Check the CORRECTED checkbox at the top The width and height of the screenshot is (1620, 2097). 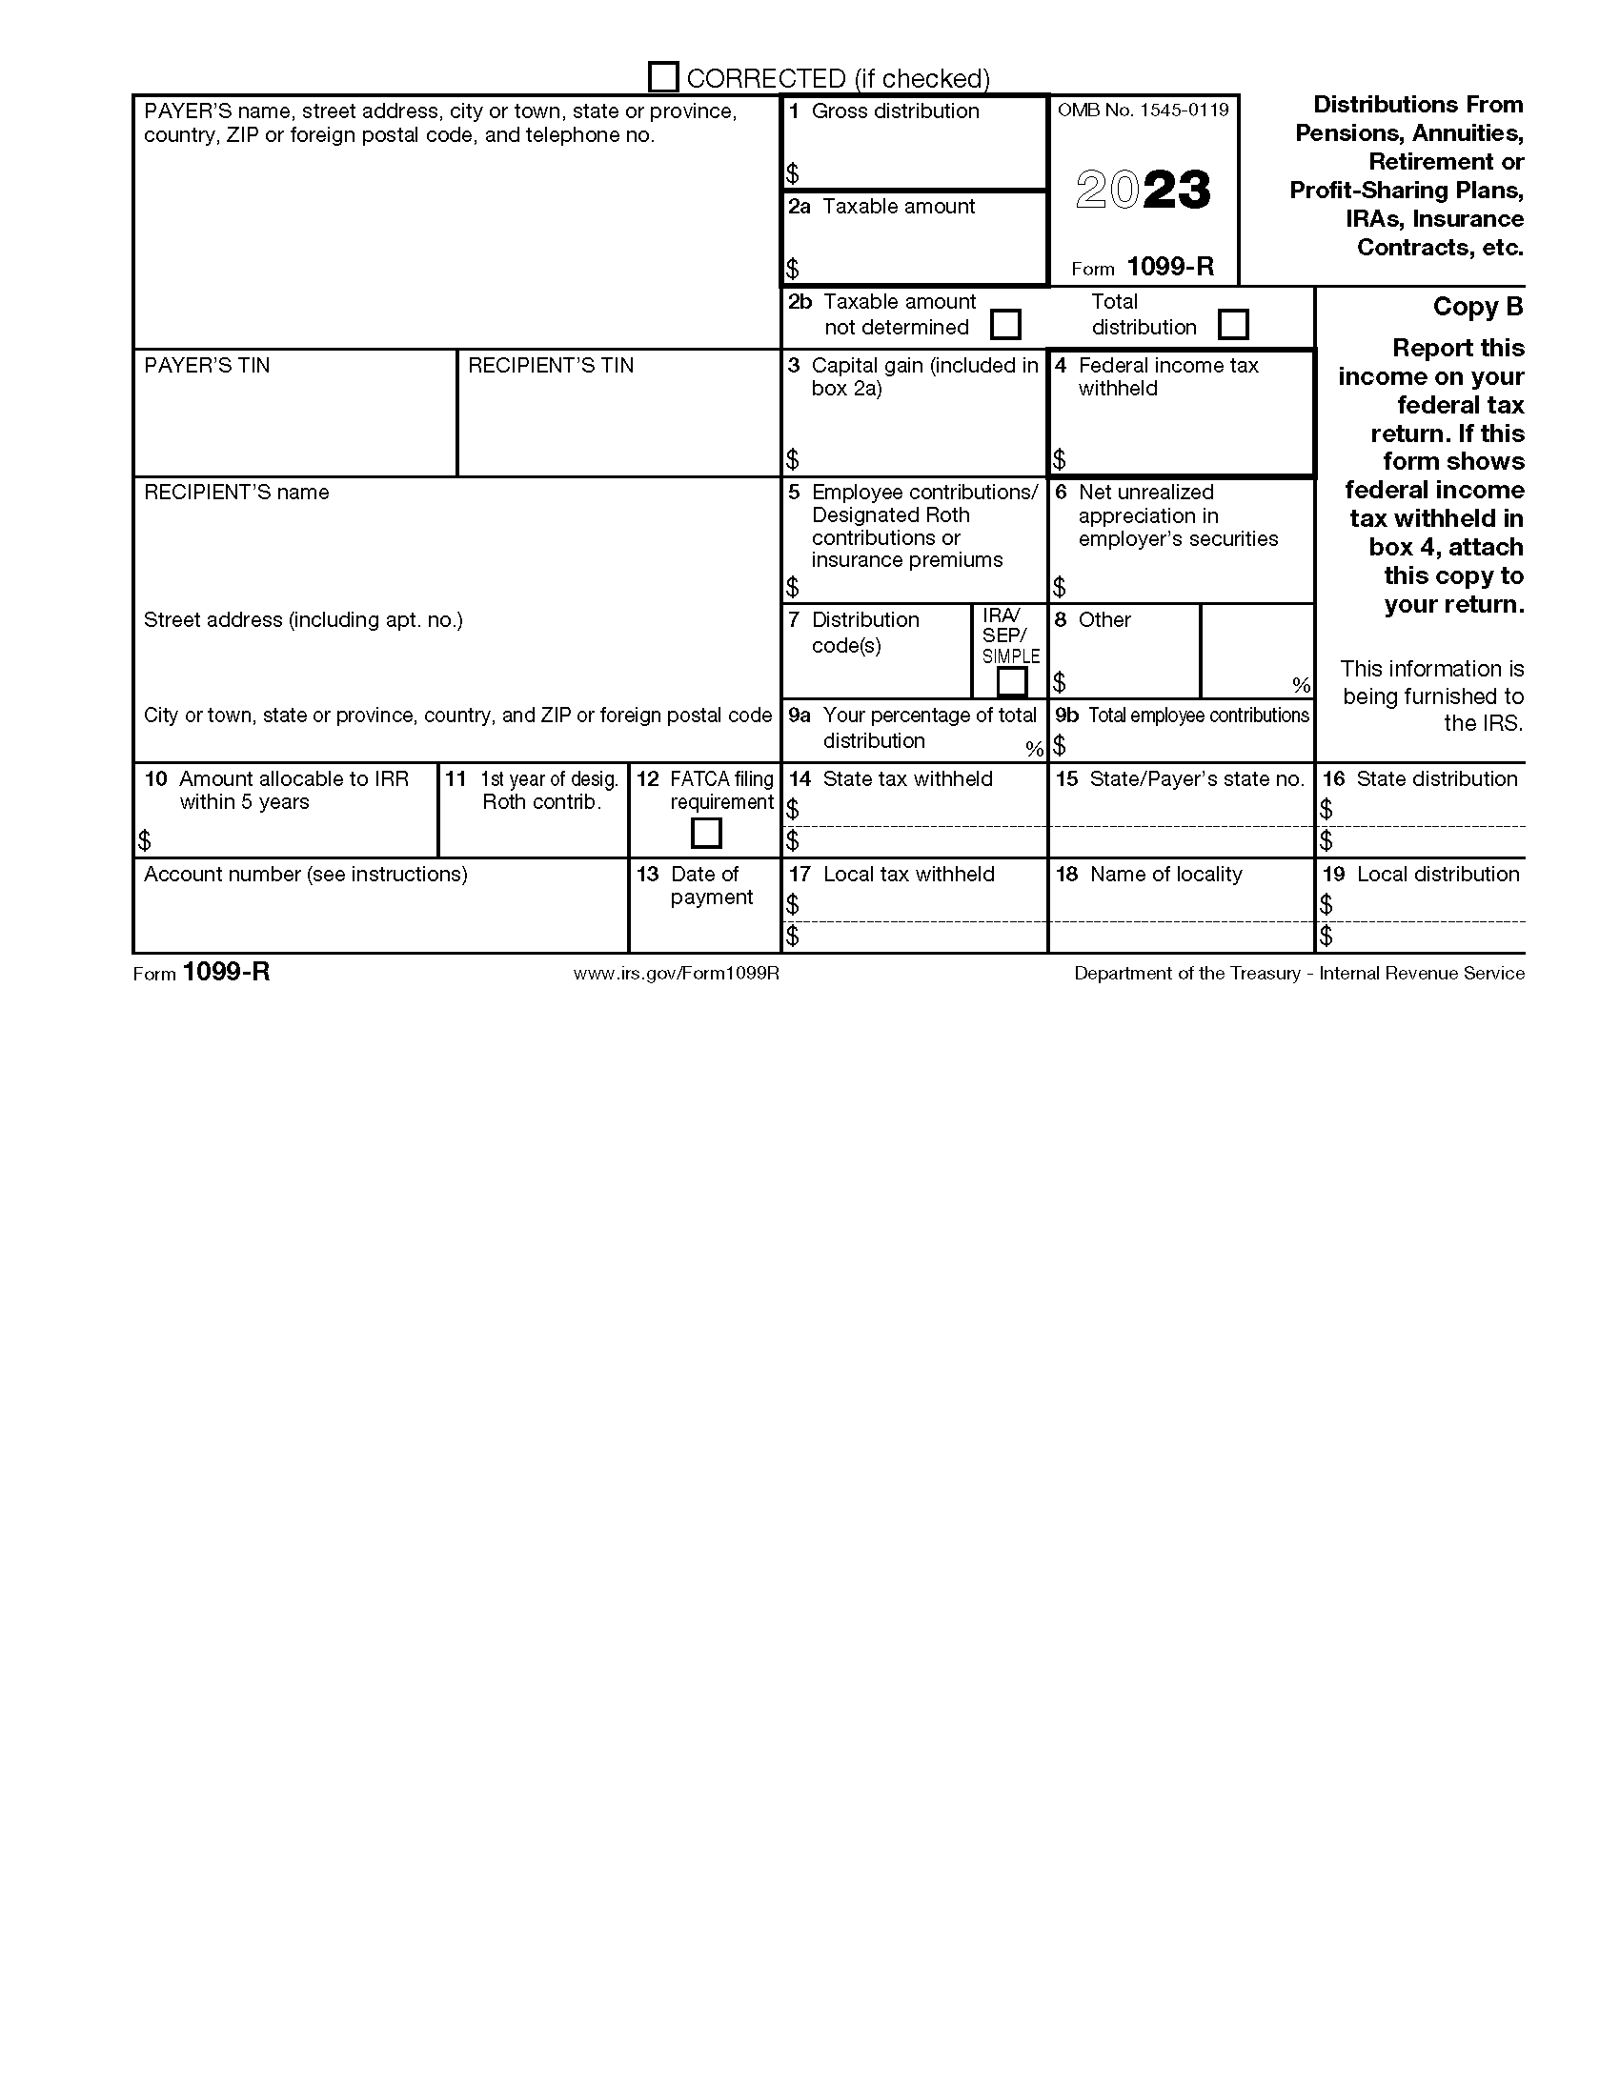pos(663,77)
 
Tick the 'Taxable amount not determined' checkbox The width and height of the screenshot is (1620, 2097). pos(1004,325)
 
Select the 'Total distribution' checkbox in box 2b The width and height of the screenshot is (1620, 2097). pos(1233,325)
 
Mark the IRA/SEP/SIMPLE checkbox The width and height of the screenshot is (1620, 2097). pos(1012,682)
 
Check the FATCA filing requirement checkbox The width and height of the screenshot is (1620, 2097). pos(706,833)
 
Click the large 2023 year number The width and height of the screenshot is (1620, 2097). pos(1143,190)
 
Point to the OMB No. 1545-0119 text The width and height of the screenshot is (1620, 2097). pos(1143,111)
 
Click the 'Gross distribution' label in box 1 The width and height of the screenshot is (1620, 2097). pos(894,111)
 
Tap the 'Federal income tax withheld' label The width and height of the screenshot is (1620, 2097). pos(1166,376)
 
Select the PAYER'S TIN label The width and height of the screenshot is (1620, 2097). pos(207,366)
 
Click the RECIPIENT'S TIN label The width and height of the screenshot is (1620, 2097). pos(550,366)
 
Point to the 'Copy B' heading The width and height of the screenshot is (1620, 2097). pos(1478,307)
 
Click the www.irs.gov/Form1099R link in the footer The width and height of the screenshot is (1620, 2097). pos(676,974)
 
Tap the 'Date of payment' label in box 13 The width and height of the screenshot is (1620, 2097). pos(711,885)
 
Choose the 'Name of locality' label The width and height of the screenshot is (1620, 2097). pos(1164,875)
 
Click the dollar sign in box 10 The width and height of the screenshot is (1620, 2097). pos(144,841)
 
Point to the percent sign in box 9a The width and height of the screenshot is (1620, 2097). pos(1033,749)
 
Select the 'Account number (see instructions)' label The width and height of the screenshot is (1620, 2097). pos(305,875)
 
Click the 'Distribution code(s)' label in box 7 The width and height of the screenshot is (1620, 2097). pos(864,632)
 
